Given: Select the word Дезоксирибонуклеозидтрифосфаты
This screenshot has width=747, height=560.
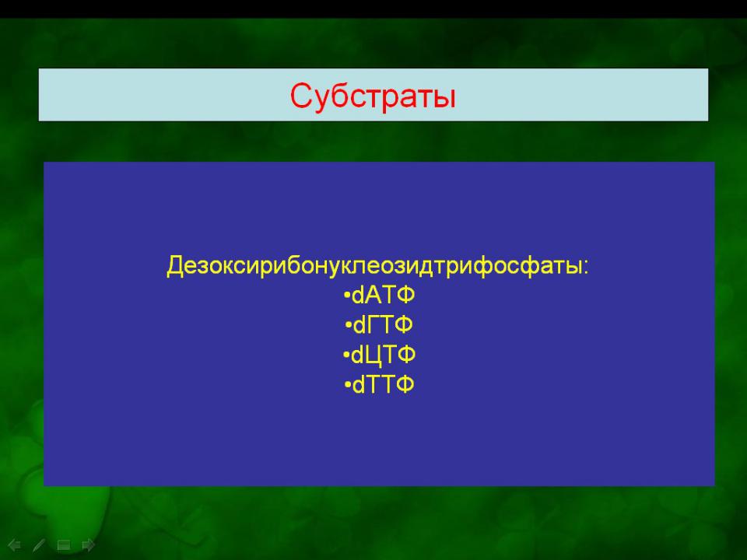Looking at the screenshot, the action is pyautogui.click(x=374, y=266).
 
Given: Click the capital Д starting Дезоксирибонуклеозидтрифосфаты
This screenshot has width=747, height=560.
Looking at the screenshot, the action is pyautogui.click(x=175, y=266).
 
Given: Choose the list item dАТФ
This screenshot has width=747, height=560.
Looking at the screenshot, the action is pyautogui.click(x=379, y=296).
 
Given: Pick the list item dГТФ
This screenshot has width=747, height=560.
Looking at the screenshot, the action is pyautogui.click(x=379, y=325).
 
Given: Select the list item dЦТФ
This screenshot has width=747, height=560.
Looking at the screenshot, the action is pyautogui.click(x=379, y=355).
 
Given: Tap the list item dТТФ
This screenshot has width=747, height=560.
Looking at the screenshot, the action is pyautogui.click(x=379, y=385).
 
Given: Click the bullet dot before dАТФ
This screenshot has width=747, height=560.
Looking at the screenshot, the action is pyautogui.click(x=347, y=296).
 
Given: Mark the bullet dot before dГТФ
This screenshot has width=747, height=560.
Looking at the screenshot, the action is pyautogui.click(x=349, y=326).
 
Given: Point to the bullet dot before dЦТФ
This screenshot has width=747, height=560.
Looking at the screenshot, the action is pyautogui.click(x=346, y=355).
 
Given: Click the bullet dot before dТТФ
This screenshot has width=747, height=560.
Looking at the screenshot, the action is pyautogui.click(x=348, y=385).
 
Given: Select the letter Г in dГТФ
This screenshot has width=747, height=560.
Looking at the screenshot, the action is pyautogui.click(x=373, y=325).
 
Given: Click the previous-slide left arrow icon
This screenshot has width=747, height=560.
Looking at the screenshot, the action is pyautogui.click(x=14, y=544).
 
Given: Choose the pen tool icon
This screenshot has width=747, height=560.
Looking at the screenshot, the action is pyautogui.click(x=39, y=544).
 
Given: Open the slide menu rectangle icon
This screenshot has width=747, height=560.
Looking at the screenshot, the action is pyautogui.click(x=64, y=544).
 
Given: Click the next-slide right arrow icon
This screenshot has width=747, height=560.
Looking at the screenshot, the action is pyautogui.click(x=89, y=544).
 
